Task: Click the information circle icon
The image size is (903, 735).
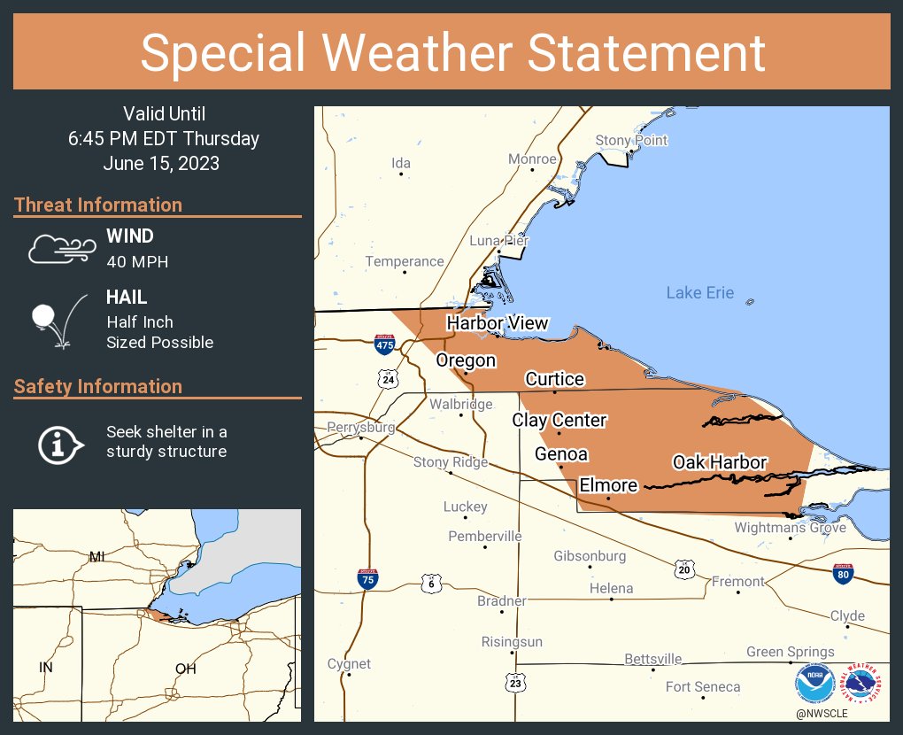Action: pyautogui.click(x=59, y=442)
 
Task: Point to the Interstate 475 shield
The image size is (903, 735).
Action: pyautogui.click(x=384, y=344)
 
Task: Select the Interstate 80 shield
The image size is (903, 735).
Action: pyautogui.click(x=843, y=574)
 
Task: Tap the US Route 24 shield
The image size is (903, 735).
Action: pyautogui.click(x=388, y=380)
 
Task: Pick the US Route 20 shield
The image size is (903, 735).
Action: pyautogui.click(x=683, y=568)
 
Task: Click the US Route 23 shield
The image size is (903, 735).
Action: pyautogui.click(x=515, y=683)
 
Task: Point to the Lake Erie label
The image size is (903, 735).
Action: pyautogui.click(x=699, y=293)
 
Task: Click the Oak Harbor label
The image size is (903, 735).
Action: pyautogui.click(x=719, y=462)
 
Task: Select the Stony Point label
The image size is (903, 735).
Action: pyautogui.click(x=631, y=141)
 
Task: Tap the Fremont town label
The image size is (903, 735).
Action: pyautogui.click(x=737, y=582)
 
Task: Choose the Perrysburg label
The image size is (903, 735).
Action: pyautogui.click(x=360, y=428)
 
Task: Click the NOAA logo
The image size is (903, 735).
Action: pyautogui.click(x=814, y=684)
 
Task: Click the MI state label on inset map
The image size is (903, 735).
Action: pyautogui.click(x=96, y=556)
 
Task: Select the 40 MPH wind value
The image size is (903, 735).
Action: pyautogui.click(x=137, y=262)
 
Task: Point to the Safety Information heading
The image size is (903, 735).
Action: pyautogui.click(x=98, y=387)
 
